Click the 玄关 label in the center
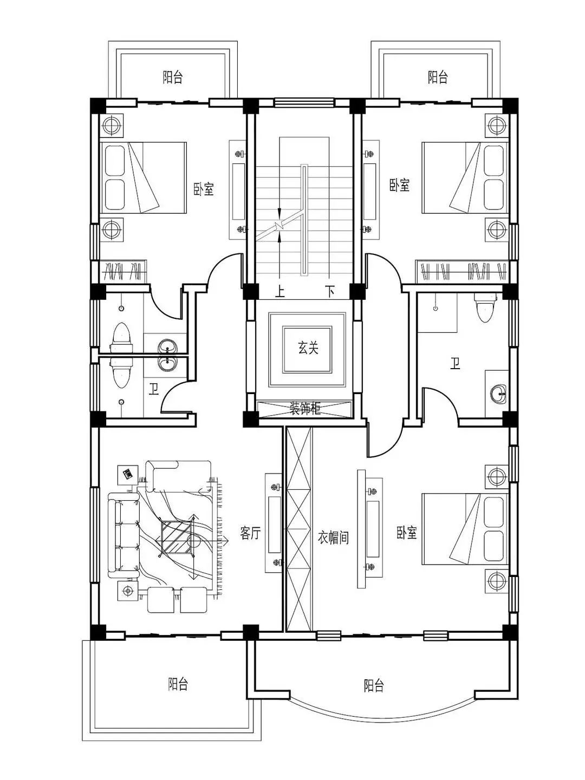pos(308,347)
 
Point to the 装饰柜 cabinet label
pos(305,409)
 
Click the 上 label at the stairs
pos(280,292)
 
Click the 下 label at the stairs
pos(330,292)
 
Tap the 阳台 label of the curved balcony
pos(373,685)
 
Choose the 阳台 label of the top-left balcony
pos(173,77)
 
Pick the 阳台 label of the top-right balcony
pos(438,77)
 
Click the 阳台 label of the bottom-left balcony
pos(178,684)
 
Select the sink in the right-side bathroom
pos(498,394)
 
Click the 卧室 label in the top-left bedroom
pos(204,189)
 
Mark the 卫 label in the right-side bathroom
pos(455,364)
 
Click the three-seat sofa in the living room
pos(123,535)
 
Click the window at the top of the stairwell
pos(305,103)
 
